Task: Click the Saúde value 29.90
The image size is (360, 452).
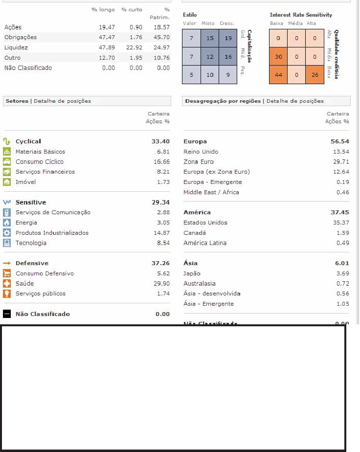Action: coord(161,284)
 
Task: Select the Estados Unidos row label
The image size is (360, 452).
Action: coord(205,223)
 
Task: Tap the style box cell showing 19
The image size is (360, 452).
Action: coord(228,38)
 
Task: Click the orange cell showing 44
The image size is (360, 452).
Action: coord(279,75)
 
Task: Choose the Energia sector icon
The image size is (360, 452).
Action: coord(7,223)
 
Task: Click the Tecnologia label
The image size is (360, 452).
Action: coord(31,243)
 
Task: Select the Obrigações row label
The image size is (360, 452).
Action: coord(21,37)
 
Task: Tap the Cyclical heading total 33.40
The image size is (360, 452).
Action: coord(160,141)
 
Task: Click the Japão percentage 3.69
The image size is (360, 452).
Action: coord(342,273)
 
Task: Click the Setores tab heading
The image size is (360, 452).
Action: coord(17,101)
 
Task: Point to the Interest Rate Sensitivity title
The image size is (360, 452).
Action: coord(301,15)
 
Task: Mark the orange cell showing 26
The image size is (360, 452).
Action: coord(315,75)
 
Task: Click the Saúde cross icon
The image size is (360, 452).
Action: coord(7,284)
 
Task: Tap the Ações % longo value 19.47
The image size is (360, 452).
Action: coord(107,27)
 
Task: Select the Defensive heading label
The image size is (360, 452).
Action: coord(32,263)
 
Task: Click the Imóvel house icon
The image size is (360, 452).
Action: coord(7,182)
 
